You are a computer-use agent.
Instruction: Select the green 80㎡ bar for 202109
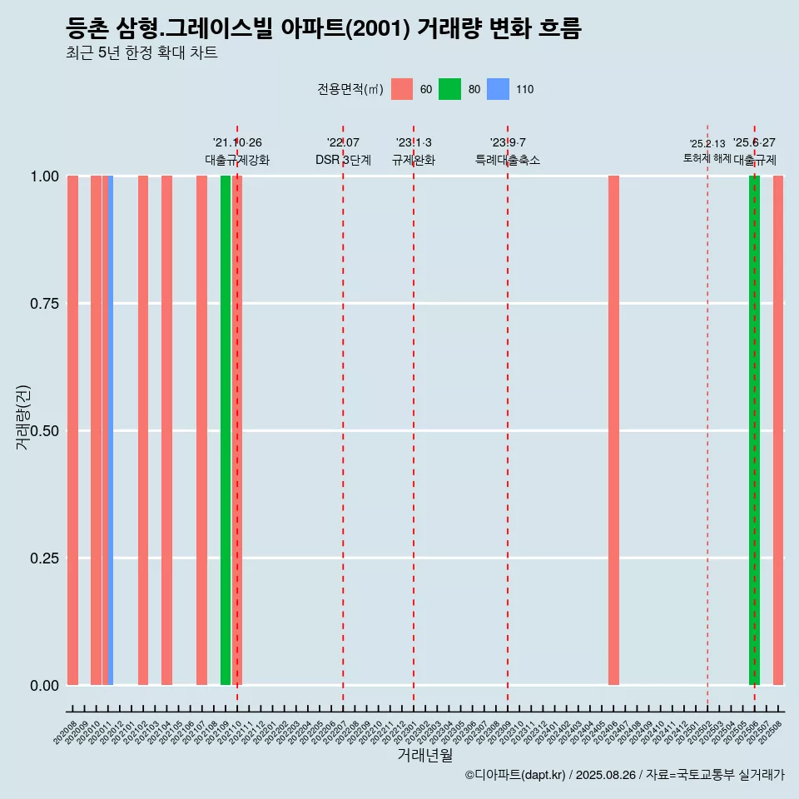(x=226, y=430)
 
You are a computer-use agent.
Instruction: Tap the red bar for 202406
(x=613, y=430)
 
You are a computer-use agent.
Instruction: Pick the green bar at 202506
(x=754, y=430)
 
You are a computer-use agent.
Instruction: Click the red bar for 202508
(x=778, y=430)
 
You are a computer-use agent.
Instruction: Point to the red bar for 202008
(x=72, y=430)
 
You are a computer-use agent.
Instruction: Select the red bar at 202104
(x=166, y=430)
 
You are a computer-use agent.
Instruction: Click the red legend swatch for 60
(x=402, y=89)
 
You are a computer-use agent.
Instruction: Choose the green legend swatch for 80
(x=449, y=89)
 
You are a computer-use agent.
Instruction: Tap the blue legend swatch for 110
(x=498, y=89)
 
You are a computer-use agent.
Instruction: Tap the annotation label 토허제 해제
(x=707, y=158)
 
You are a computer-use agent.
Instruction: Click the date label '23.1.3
(x=414, y=143)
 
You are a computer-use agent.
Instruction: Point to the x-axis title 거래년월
(x=425, y=756)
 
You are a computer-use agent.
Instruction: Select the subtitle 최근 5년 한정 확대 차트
(x=141, y=53)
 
